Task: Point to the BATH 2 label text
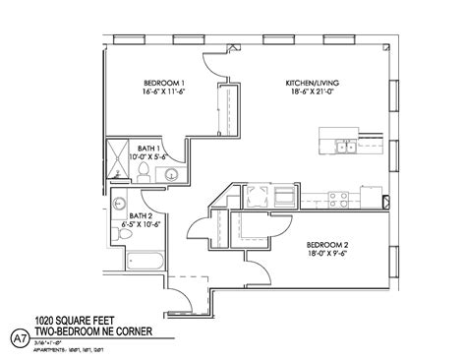tap(142, 213)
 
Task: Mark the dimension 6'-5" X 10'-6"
tap(142, 223)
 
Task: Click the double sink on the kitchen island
tap(345, 149)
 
